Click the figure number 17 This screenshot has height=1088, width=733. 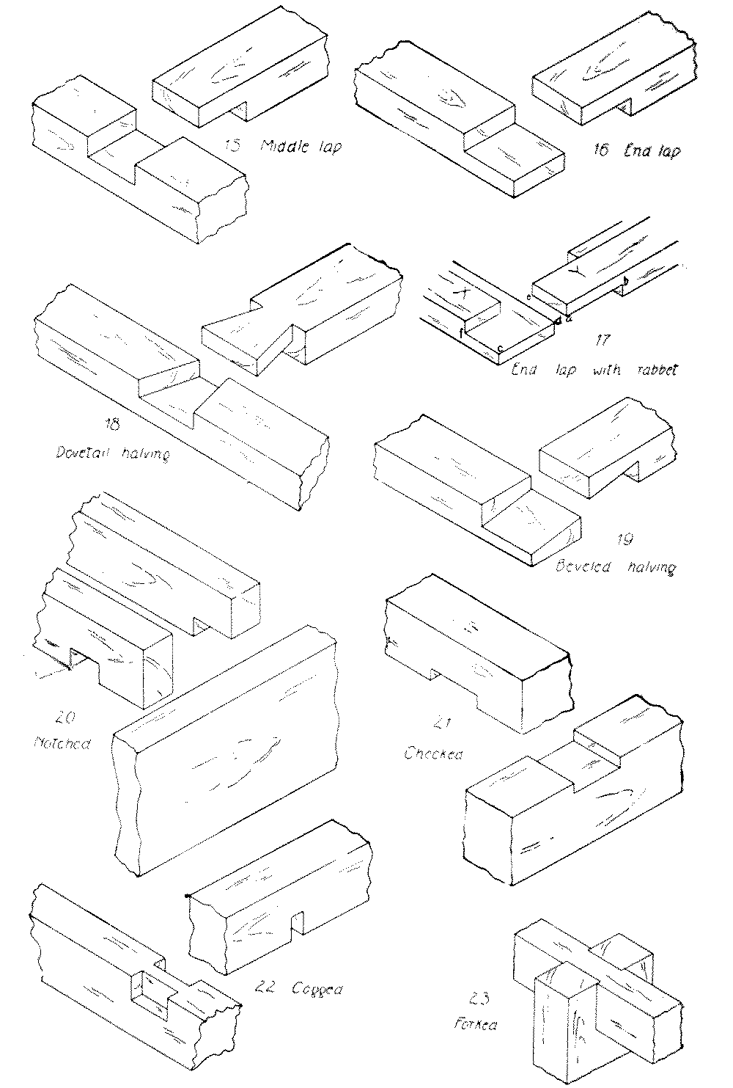pyautogui.click(x=603, y=341)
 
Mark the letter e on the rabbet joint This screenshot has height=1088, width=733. pyautogui.click(x=528, y=297)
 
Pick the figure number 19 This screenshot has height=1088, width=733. pyautogui.click(x=625, y=541)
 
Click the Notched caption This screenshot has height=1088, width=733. pyautogui.click(x=62, y=744)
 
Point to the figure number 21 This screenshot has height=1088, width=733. pyautogui.click(x=441, y=724)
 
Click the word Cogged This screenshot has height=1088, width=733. pyautogui.click(x=317, y=988)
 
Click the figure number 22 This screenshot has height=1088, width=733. pyautogui.click(x=270, y=987)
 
